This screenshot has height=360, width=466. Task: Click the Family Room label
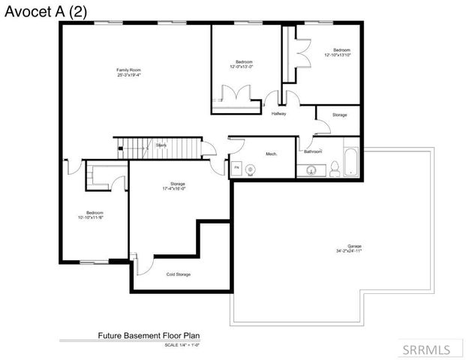129,70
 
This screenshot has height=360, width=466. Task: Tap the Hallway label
279,114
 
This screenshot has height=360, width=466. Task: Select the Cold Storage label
179,274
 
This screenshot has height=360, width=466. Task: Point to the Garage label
354,246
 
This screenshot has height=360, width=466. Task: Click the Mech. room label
272,154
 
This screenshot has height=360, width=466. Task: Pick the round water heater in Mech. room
251,169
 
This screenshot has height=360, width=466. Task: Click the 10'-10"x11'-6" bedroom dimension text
89,217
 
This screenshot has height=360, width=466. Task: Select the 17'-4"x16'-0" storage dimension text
177,188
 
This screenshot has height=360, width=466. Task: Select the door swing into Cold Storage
148,264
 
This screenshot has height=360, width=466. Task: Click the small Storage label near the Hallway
340,115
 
